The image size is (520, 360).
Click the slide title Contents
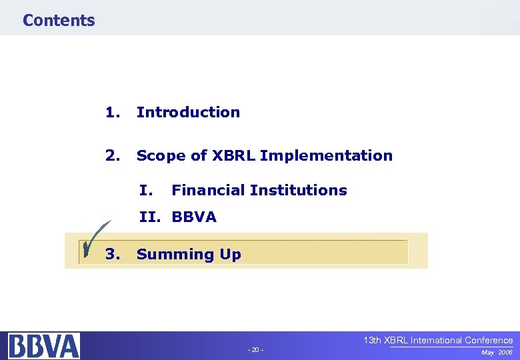pyautogui.click(x=59, y=20)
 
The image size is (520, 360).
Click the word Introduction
pyautogui.click(x=188, y=112)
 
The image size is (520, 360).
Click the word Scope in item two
pyautogui.click(x=158, y=155)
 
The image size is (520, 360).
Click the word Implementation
pyautogui.click(x=327, y=155)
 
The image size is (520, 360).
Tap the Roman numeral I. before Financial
pyautogui.click(x=147, y=190)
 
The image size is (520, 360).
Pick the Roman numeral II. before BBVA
pyautogui.click(x=152, y=217)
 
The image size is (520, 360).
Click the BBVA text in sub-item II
pyautogui.click(x=194, y=217)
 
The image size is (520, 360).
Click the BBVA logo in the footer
pyautogui.click(x=44, y=346)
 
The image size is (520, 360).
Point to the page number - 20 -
pyautogui.click(x=256, y=350)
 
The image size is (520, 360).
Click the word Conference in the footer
pyautogui.click(x=489, y=340)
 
